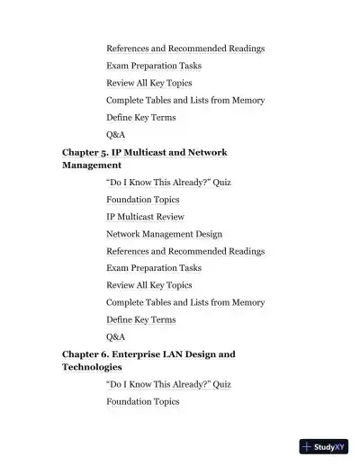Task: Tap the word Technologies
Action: [90, 367]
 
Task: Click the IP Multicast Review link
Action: [145, 217]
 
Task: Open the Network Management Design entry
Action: [164, 234]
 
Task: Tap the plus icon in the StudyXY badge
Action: [307, 446]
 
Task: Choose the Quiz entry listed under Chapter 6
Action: [168, 384]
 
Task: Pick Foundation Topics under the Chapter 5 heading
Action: [142, 200]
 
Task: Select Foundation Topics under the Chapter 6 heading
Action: [142, 401]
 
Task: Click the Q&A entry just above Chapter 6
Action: [115, 336]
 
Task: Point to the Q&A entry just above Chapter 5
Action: [115, 135]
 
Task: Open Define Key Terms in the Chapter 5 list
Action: [140, 319]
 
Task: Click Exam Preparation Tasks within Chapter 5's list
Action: [153, 268]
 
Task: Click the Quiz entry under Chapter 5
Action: [168, 183]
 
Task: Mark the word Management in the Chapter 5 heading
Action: [91, 166]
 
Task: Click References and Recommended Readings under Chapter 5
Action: [184, 251]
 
